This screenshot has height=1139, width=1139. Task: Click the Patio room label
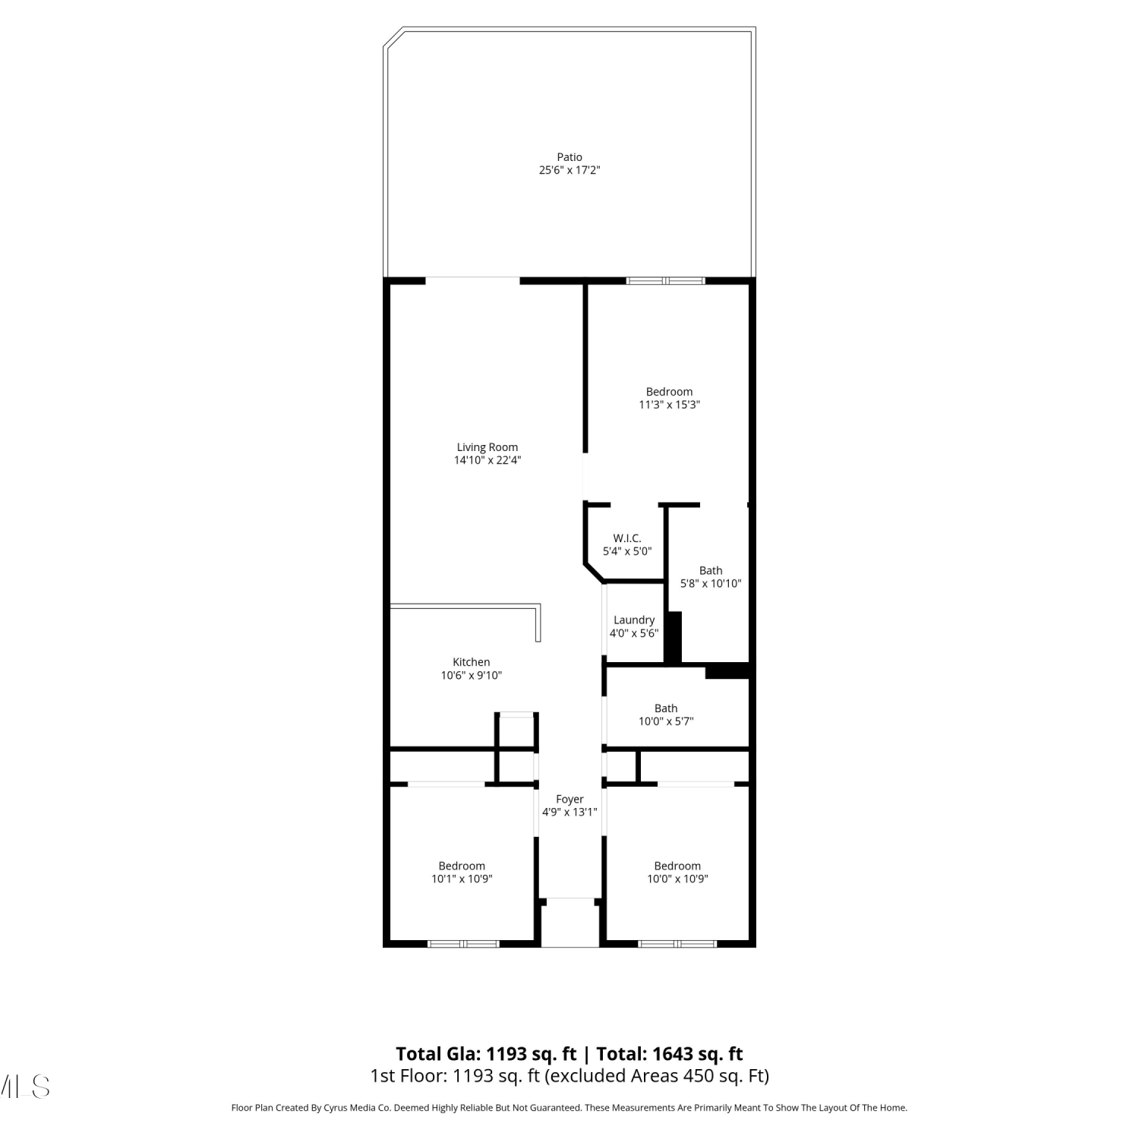(x=569, y=157)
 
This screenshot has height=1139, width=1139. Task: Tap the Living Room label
(x=487, y=447)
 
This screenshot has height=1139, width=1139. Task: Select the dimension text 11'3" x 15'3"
(x=669, y=405)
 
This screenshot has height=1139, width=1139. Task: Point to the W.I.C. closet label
(x=627, y=538)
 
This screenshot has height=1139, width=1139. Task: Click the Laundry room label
(x=634, y=620)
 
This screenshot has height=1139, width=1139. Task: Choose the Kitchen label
(x=472, y=662)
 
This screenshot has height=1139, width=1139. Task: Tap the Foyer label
(x=569, y=799)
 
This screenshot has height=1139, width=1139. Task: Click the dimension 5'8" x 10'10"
(x=711, y=584)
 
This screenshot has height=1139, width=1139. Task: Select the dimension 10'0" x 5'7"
(x=666, y=721)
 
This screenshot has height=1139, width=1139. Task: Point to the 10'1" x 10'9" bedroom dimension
(x=462, y=879)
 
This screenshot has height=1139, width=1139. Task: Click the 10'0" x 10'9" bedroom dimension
(x=677, y=879)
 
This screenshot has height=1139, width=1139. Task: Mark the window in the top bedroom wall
(x=666, y=281)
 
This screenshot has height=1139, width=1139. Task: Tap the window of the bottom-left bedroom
(x=463, y=944)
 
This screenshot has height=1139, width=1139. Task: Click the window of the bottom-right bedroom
(x=677, y=944)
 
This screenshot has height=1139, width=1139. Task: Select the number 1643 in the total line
(x=672, y=1054)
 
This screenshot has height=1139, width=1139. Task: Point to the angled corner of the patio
(x=393, y=38)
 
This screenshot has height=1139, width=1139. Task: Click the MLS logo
(x=25, y=1087)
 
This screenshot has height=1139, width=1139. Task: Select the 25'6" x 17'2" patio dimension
(x=569, y=170)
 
